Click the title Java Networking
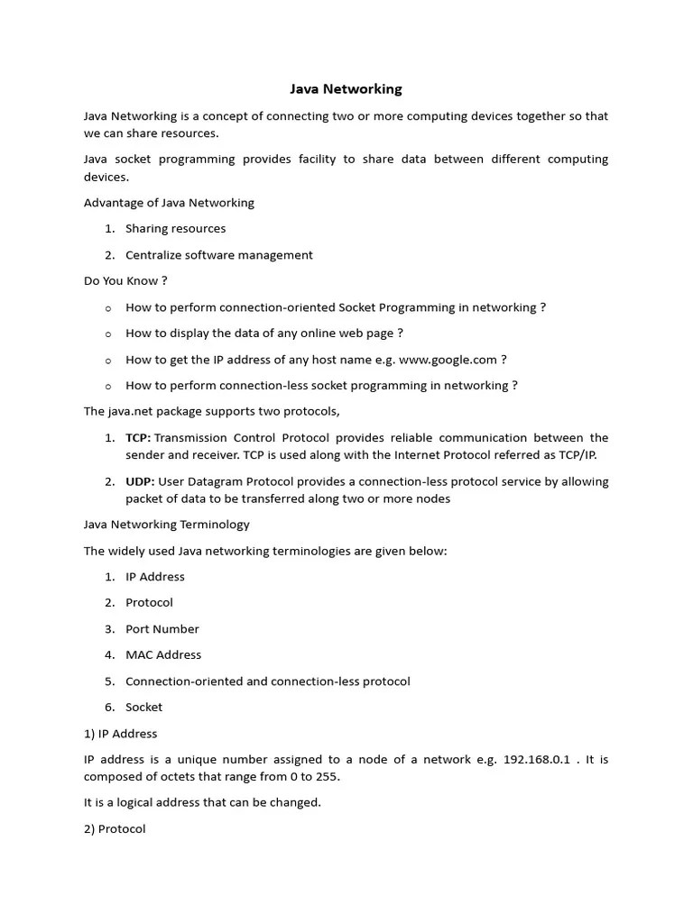(x=346, y=89)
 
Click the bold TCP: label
(x=138, y=438)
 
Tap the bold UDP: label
(x=140, y=481)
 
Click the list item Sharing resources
(x=175, y=229)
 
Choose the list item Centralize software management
(x=218, y=255)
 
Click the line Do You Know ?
(x=125, y=281)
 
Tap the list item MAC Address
(x=163, y=655)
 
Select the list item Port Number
(x=162, y=629)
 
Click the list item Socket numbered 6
(x=143, y=708)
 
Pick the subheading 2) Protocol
(x=115, y=829)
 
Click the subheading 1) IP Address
(x=120, y=734)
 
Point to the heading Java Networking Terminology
(x=166, y=525)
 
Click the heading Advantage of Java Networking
(x=169, y=203)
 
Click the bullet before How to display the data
(x=108, y=334)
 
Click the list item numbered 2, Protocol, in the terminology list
(x=149, y=603)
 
